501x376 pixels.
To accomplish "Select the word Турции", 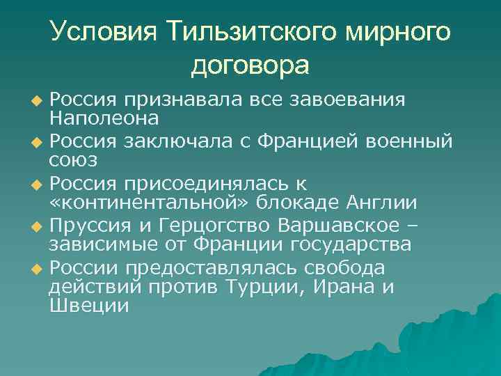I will tap(257, 287).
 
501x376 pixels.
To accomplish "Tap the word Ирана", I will tap(344, 287).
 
